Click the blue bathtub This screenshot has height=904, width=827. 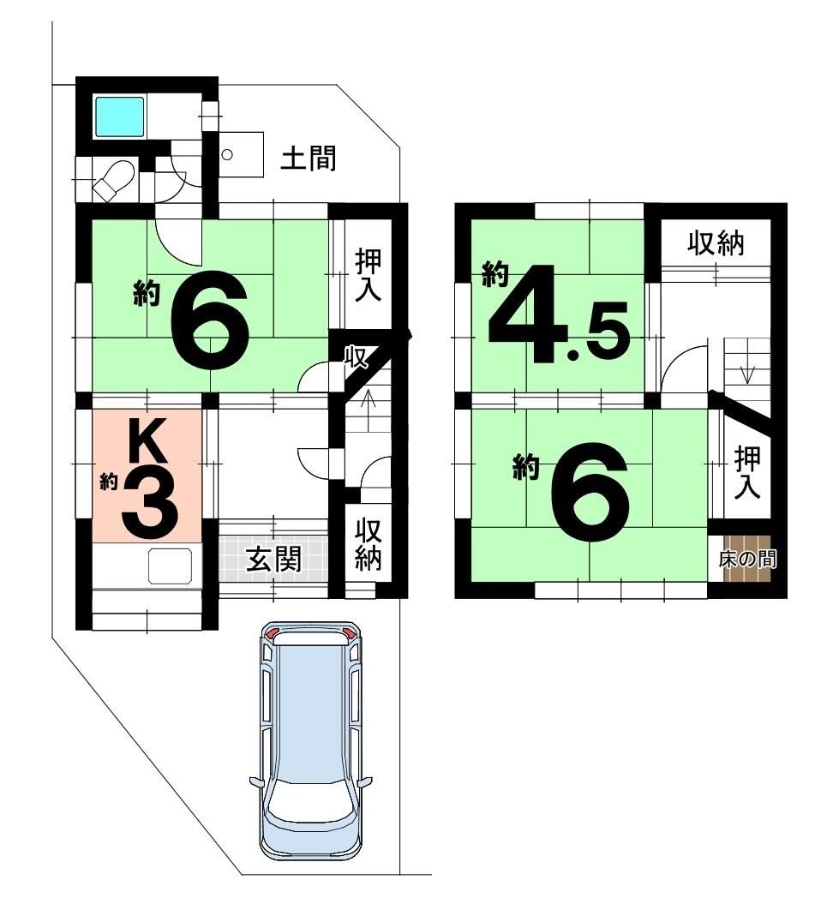(x=119, y=117)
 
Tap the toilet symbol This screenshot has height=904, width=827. (x=115, y=180)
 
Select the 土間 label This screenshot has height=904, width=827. (x=308, y=158)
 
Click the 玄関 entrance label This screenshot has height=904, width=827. (x=273, y=559)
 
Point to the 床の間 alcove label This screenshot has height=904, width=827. (x=747, y=559)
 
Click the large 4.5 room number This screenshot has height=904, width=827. (x=558, y=315)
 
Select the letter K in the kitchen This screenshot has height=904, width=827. (x=147, y=440)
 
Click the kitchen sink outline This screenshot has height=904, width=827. (x=171, y=566)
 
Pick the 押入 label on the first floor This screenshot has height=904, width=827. (x=368, y=274)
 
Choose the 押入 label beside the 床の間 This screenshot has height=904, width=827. (x=747, y=472)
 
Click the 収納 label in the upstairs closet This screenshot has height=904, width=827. (x=716, y=244)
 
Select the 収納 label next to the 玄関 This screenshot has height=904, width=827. (x=368, y=543)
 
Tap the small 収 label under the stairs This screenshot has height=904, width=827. (x=356, y=357)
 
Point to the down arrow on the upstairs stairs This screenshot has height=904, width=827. (x=746, y=361)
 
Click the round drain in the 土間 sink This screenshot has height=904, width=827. (x=227, y=154)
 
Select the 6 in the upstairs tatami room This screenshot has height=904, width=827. (x=589, y=491)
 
